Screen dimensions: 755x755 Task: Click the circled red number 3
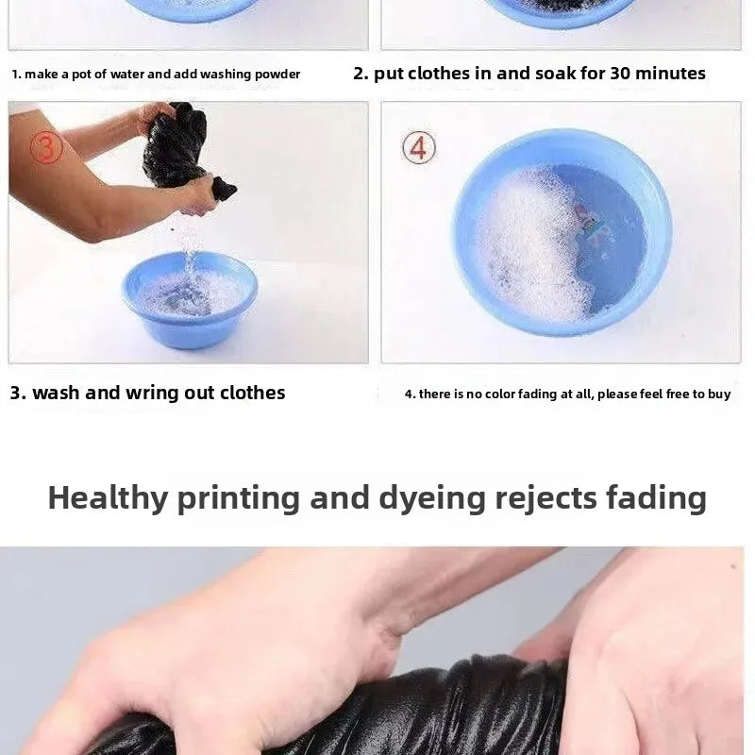coord(46,148)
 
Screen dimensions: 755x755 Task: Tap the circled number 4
coord(419,147)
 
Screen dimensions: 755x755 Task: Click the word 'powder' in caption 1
coord(277,75)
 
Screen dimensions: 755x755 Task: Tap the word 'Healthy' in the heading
coord(108,498)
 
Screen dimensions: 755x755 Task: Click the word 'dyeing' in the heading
coord(432,498)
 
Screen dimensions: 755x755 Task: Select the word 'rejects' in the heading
coord(546,498)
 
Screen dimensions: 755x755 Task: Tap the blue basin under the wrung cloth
coord(190,299)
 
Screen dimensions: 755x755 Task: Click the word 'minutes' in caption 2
coord(670,74)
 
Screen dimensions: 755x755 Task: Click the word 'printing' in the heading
coord(239,498)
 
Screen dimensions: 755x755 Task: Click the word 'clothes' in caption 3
coord(252,393)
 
